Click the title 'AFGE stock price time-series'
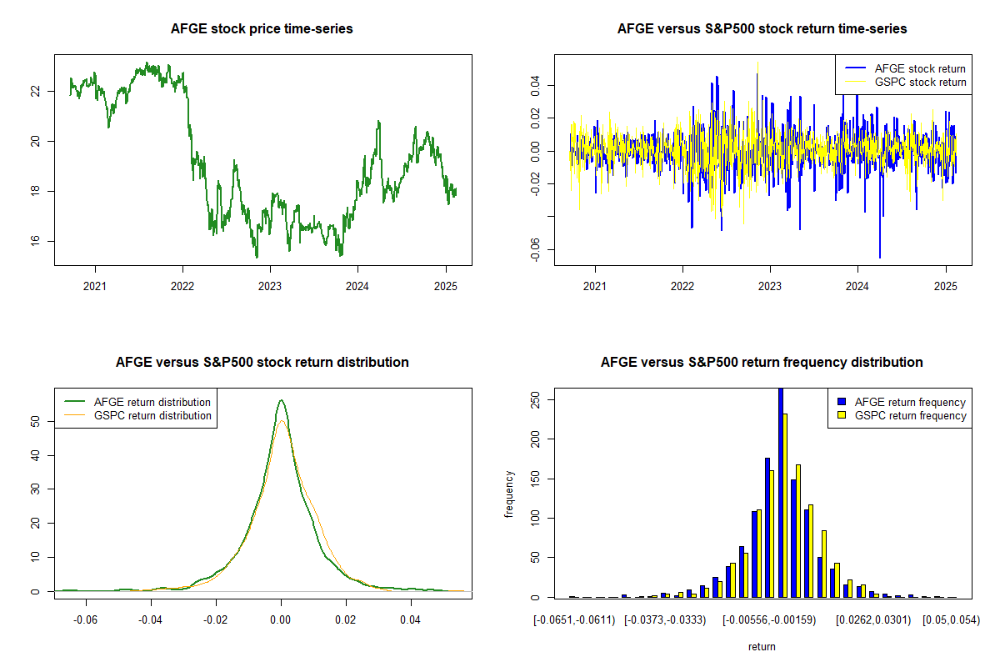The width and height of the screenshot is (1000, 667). [262, 29]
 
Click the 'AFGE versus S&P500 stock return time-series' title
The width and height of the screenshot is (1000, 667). [762, 29]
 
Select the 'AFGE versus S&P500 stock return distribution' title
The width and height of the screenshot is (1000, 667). [262, 363]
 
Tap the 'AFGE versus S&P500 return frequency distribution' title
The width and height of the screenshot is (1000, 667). [762, 363]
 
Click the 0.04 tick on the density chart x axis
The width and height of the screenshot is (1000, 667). [410, 620]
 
